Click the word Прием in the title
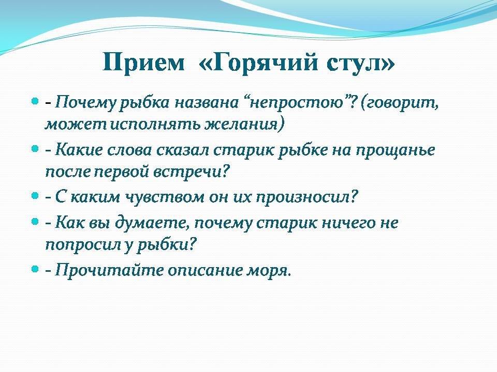[x=143, y=63]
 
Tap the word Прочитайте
[x=109, y=270]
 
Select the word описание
[x=204, y=270]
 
